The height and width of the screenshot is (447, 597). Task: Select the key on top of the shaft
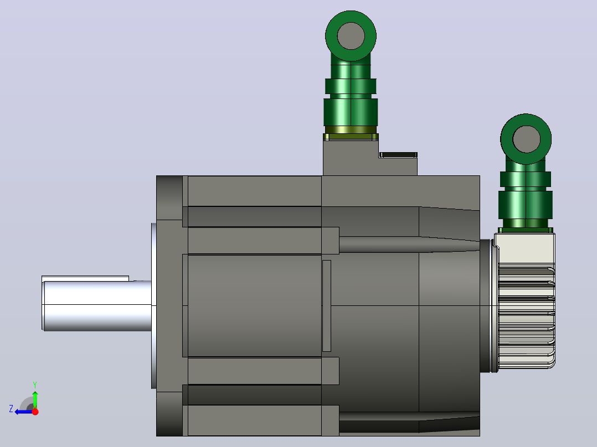coord(85,278)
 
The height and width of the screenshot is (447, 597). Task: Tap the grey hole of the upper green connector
coord(351,36)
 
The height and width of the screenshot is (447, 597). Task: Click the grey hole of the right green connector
coord(526,139)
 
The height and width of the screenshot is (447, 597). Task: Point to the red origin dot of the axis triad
coord(35,412)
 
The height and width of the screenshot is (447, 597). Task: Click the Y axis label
coord(35,384)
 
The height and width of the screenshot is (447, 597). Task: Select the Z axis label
coord(11,409)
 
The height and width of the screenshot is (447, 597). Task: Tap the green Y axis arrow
coord(35,399)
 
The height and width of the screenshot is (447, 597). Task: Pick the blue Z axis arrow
coord(24,412)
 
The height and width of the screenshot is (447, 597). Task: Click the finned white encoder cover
coord(524,301)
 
